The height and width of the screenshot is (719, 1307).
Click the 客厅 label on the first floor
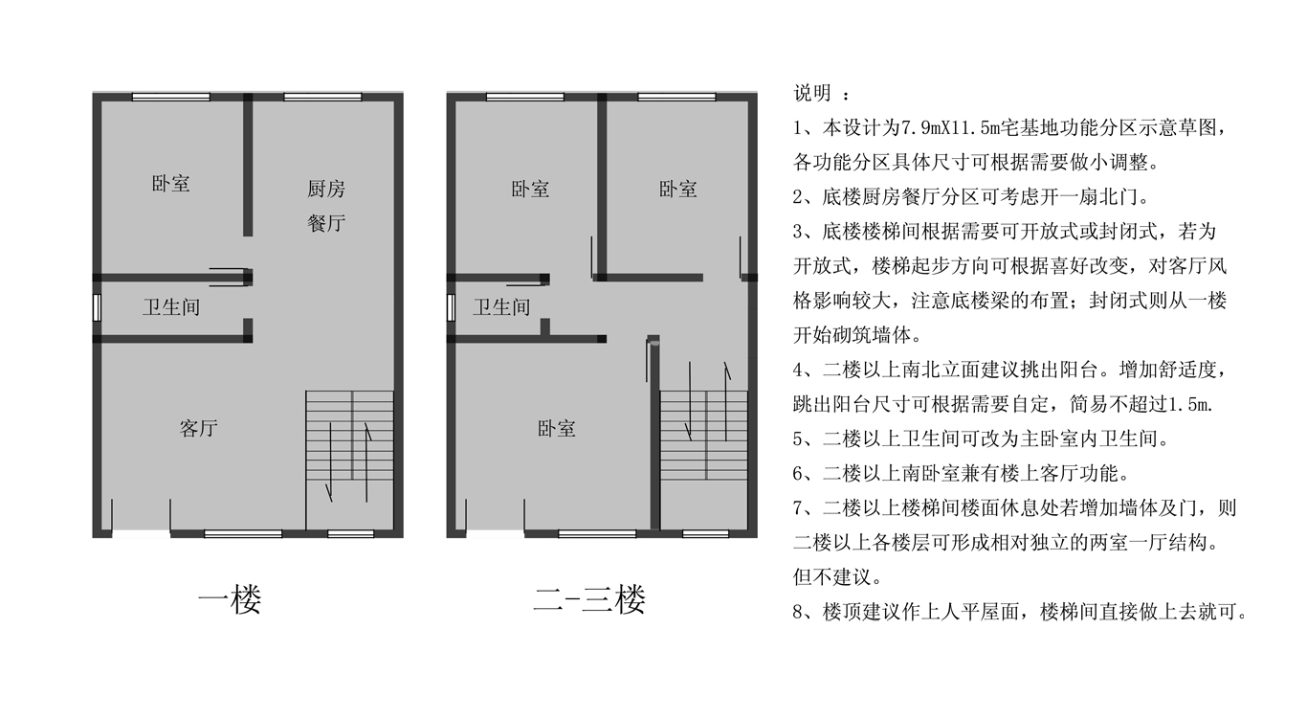[198, 429]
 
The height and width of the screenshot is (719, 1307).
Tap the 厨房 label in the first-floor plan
[326, 189]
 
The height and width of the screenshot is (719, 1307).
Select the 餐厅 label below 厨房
[326, 223]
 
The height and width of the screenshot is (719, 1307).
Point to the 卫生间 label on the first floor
[171, 307]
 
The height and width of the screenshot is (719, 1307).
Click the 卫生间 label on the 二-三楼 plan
[501, 307]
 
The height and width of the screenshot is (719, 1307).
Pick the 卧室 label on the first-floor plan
[170, 184]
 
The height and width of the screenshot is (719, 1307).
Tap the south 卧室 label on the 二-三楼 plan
[556, 429]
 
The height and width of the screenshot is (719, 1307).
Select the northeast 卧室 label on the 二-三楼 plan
[677, 190]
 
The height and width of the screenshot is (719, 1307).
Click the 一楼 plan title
[230, 599]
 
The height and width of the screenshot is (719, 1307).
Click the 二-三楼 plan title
[589, 599]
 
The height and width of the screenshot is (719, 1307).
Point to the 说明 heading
[812, 93]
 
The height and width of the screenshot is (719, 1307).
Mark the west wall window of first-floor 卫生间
[97, 307]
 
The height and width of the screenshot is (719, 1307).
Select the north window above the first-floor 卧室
[171, 97]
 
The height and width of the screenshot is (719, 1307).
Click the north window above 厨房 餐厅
[322, 97]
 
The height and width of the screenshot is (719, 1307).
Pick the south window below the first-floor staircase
[351, 533]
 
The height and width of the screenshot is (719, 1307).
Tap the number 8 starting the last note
[798, 612]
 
